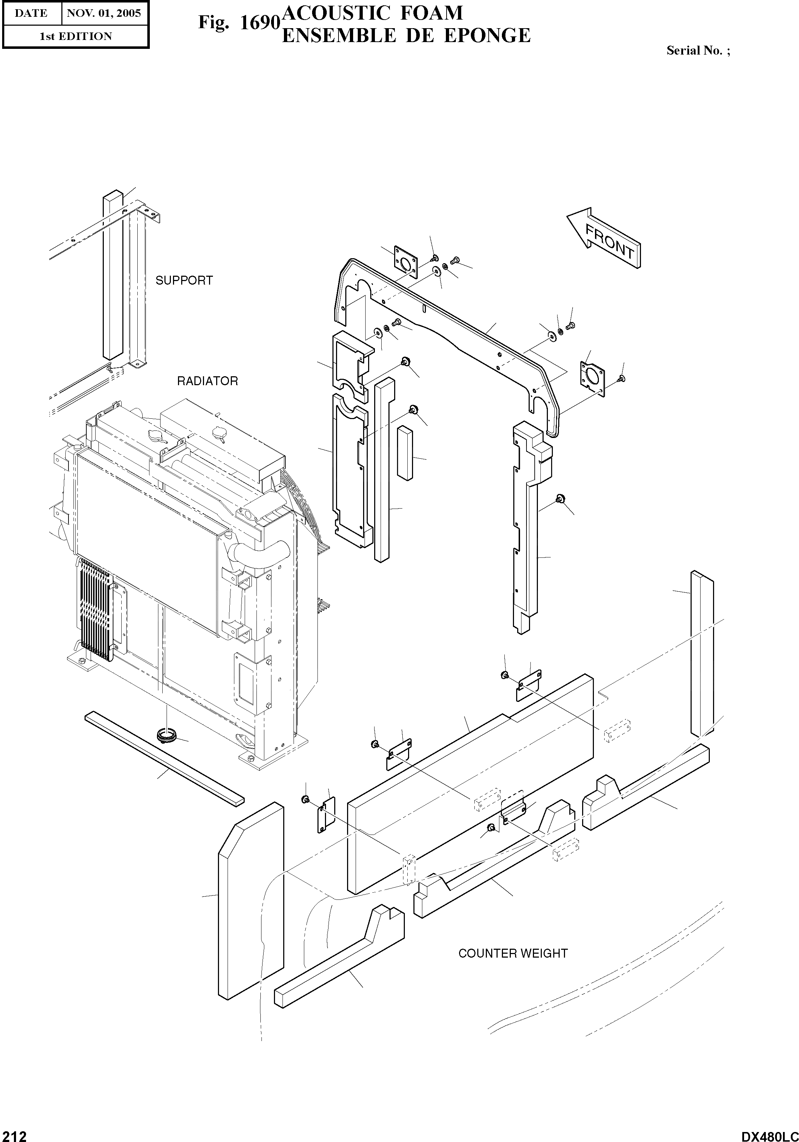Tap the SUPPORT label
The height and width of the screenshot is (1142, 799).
pos(184,281)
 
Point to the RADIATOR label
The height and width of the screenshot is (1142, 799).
pos(208,381)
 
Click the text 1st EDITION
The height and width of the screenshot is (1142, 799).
pos(76,36)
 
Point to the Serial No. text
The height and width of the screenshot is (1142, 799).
pos(697,50)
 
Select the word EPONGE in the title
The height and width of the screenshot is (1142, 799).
pos(487,36)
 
